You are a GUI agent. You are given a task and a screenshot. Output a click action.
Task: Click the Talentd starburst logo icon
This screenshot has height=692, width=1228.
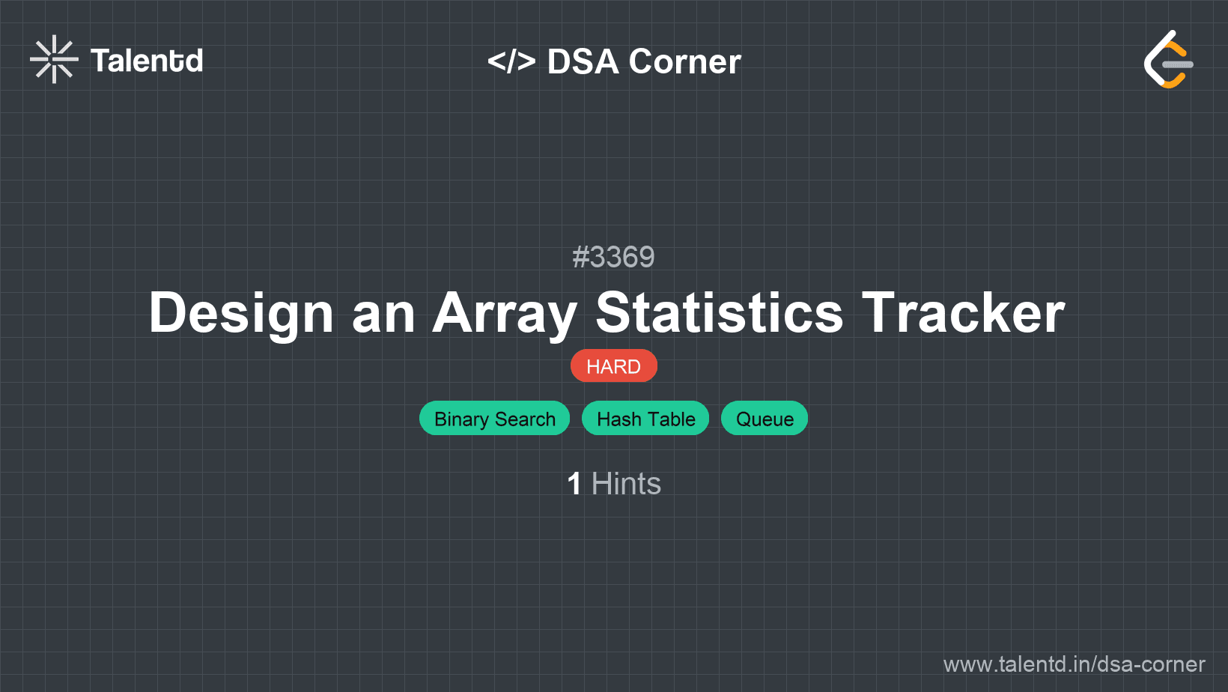[54, 59]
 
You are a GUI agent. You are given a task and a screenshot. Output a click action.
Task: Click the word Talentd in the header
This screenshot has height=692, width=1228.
[147, 61]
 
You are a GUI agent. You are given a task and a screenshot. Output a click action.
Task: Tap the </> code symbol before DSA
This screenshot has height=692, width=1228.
[511, 61]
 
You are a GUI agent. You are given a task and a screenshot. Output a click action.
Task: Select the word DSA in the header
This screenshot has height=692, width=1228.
[583, 61]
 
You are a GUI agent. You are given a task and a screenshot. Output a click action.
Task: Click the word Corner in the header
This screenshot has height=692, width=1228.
[684, 61]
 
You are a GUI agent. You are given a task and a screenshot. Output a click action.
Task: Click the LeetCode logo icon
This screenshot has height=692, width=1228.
[1168, 59]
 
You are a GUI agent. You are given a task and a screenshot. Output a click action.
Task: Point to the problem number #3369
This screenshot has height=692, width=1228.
[613, 257]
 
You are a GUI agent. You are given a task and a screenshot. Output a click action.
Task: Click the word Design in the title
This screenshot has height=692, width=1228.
[241, 313]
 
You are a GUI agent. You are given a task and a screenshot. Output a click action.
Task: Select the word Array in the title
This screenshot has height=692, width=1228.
[505, 313]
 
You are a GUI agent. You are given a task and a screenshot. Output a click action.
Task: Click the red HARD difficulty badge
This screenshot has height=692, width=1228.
[613, 365]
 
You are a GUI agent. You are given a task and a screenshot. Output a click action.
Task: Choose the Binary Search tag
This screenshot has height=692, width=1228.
[494, 419]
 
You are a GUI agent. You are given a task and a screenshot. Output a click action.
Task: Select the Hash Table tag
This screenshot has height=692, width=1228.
[645, 419]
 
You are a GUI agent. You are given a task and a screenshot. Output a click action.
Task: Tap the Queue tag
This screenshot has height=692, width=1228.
[765, 419]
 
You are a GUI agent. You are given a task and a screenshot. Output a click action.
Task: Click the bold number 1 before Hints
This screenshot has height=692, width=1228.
[574, 484]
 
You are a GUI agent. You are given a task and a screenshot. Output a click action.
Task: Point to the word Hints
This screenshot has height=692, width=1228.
[626, 484]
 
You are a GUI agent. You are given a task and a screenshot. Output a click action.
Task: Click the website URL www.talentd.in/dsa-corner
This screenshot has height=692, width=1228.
[1074, 664]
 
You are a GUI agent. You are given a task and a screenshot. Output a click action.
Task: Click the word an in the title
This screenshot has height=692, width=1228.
[383, 318]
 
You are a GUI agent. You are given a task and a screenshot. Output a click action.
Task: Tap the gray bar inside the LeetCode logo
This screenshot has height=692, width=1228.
[1178, 64]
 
